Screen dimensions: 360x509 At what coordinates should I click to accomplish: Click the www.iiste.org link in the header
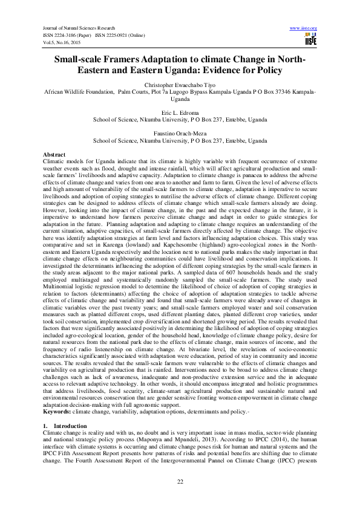pos(304,28)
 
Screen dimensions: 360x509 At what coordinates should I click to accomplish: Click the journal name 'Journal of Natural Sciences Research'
pos(77,28)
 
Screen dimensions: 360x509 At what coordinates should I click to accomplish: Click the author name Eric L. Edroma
pos(180,112)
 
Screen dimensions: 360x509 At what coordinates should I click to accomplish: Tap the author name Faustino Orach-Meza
pos(180,133)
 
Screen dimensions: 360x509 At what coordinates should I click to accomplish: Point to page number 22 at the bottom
pos(180,481)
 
